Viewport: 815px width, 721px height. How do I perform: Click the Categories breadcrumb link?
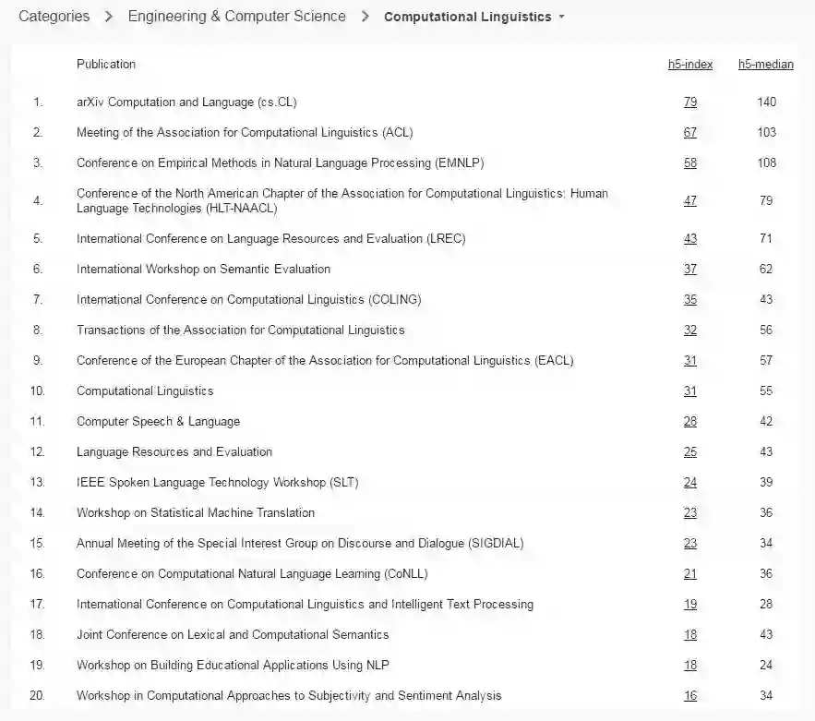(x=54, y=17)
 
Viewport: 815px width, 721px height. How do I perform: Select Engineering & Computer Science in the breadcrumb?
(x=237, y=17)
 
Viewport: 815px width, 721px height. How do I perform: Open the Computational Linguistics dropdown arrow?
(x=562, y=18)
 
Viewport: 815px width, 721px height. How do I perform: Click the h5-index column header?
(x=690, y=65)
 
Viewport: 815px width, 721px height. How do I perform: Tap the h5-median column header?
(x=765, y=65)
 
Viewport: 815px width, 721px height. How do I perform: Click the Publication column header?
(x=106, y=65)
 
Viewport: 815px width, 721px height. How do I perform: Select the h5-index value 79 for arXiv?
(x=690, y=102)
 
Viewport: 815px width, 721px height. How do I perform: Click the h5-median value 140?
(x=766, y=102)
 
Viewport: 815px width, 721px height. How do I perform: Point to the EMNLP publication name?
(x=280, y=163)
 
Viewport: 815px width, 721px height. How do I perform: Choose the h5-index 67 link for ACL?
(x=690, y=133)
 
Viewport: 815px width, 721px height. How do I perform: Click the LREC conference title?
(x=270, y=239)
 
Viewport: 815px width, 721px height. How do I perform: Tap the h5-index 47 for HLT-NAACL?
(x=690, y=201)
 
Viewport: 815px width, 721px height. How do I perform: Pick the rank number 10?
(x=38, y=391)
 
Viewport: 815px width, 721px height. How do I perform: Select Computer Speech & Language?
(x=158, y=422)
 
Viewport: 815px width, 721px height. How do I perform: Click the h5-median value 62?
(x=766, y=270)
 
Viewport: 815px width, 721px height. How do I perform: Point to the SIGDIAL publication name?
(x=299, y=544)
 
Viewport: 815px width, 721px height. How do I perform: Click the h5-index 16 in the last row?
(x=690, y=696)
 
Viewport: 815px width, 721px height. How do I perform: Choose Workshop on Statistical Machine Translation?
(x=196, y=513)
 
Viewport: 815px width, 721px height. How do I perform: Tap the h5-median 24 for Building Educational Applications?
(x=766, y=666)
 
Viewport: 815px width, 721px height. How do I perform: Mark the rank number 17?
(x=38, y=605)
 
